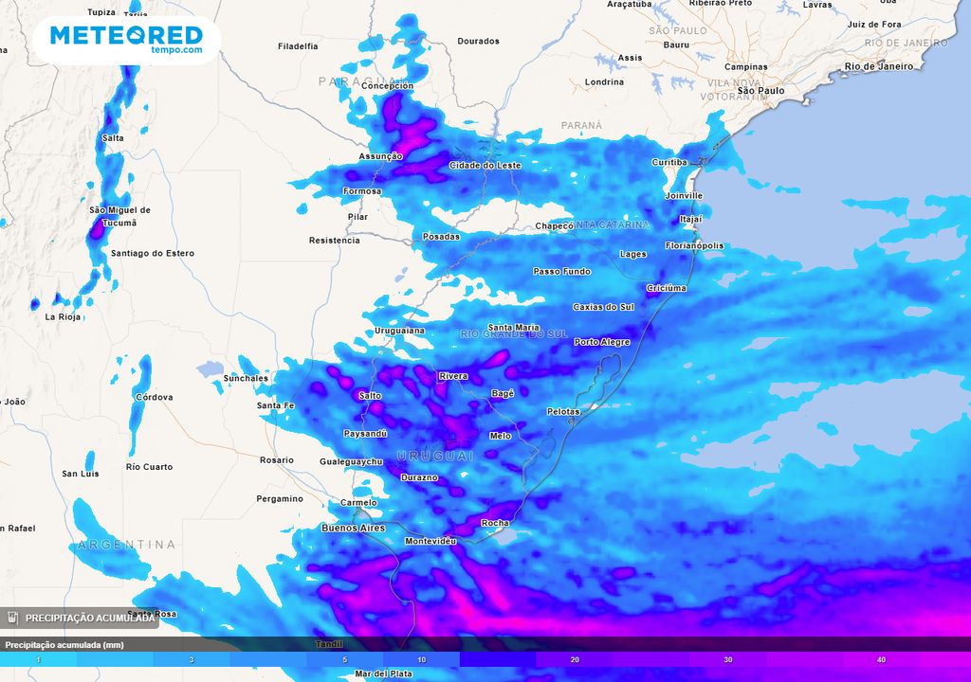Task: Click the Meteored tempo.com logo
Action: (126, 40)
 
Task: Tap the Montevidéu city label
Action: (431, 541)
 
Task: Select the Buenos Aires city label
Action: (353, 528)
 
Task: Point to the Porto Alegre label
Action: (602, 342)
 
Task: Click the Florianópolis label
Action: (694, 245)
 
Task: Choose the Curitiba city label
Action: (669, 162)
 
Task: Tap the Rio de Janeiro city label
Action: (879, 66)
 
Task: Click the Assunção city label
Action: (380, 156)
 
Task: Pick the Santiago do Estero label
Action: (153, 253)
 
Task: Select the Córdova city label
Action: (155, 397)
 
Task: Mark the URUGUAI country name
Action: (434, 457)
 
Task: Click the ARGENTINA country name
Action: (127, 545)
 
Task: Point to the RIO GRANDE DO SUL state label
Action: (513, 334)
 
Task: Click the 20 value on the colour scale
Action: (575, 659)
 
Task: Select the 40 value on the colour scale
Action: (881, 659)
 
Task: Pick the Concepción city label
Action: (387, 86)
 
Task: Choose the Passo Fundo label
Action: (561, 272)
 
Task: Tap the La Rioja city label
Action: (64, 316)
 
